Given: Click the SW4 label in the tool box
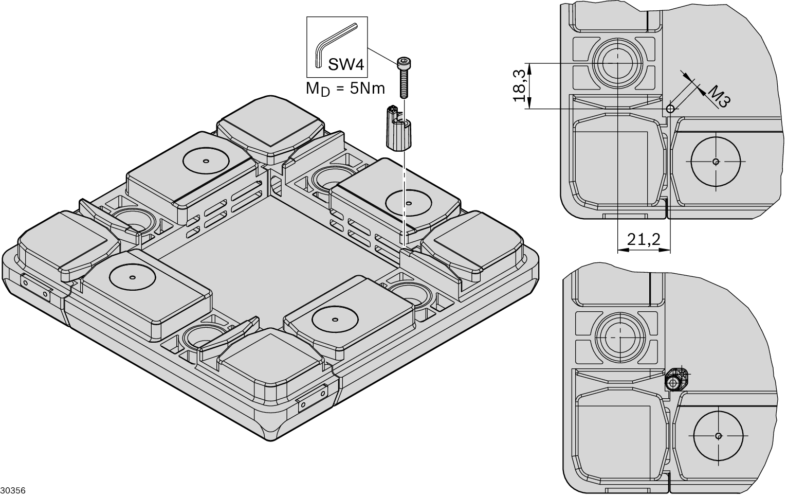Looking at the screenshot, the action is pos(346,65).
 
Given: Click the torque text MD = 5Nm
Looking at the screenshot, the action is pos(345,88).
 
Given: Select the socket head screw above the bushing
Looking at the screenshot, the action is pos(404,77).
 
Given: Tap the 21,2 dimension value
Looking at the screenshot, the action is pos(644,240).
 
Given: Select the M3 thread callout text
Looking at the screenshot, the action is pos(719,97).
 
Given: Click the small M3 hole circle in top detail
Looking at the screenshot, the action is pos(670,109).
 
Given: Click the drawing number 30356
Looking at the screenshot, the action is pos(13,490).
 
